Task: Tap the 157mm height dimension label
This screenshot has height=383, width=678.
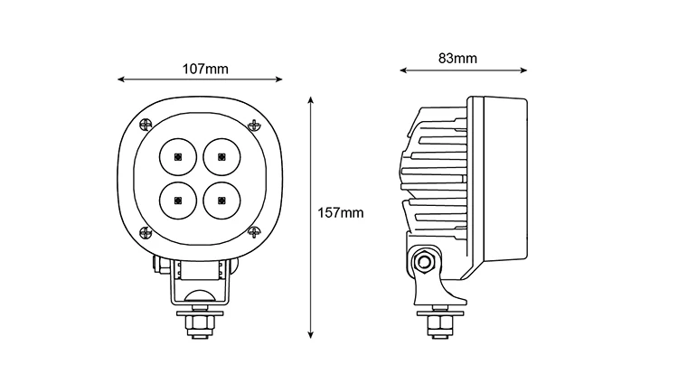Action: click(343, 213)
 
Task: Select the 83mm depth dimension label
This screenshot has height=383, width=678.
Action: click(457, 59)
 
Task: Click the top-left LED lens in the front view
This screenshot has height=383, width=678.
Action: click(177, 157)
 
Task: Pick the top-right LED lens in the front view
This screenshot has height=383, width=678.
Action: click(220, 157)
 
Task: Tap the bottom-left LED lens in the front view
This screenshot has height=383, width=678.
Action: click(177, 199)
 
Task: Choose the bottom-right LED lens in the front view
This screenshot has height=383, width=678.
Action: click(220, 199)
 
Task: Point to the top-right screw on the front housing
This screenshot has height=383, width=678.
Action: click(255, 124)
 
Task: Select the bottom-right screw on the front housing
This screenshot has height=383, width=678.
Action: click(255, 231)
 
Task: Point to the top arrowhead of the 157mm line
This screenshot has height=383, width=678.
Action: click(311, 95)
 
